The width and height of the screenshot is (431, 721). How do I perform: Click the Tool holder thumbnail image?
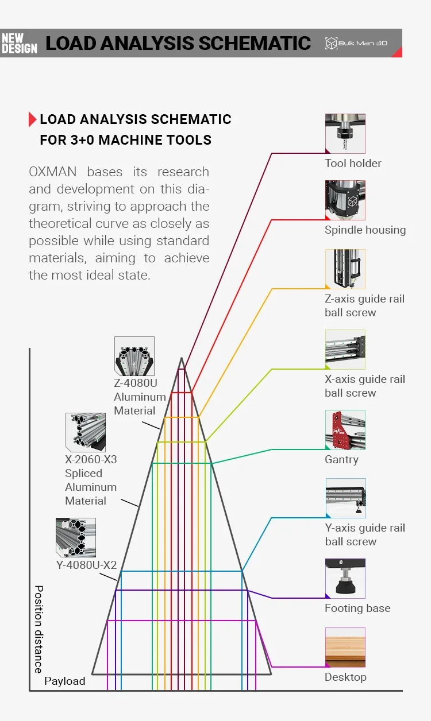[x=345, y=133]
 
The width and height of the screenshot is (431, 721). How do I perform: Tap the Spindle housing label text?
[x=365, y=230]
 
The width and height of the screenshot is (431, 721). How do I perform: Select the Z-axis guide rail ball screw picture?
[x=345, y=269]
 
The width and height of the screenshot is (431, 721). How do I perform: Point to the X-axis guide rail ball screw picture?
[x=345, y=349]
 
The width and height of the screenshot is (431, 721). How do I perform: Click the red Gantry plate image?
[x=345, y=429]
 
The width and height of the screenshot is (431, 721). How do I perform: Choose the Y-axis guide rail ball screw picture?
[x=345, y=498]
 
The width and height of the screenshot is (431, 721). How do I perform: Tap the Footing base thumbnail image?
[x=345, y=578]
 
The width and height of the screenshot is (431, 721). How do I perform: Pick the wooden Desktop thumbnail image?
[x=345, y=647]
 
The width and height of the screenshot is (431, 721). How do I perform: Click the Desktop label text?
[x=345, y=677]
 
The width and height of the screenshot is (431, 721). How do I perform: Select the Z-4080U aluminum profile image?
[x=134, y=356]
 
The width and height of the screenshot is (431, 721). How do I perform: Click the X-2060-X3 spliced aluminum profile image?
[x=85, y=431]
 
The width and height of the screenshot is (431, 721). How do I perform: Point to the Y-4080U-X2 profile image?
[x=75, y=537]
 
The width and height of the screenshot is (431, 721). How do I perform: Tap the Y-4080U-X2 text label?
[x=86, y=565]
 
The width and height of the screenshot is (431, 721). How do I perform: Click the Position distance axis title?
[x=39, y=629]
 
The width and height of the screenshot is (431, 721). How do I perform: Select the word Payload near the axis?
[x=64, y=681]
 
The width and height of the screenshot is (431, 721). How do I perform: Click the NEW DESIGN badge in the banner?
[x=19, y=43]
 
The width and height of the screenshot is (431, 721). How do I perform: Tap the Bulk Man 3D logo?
[x=356, y=43]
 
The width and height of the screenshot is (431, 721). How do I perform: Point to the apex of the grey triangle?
[x=182, y=359]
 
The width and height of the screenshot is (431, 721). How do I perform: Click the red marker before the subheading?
[x=32, y=119]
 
